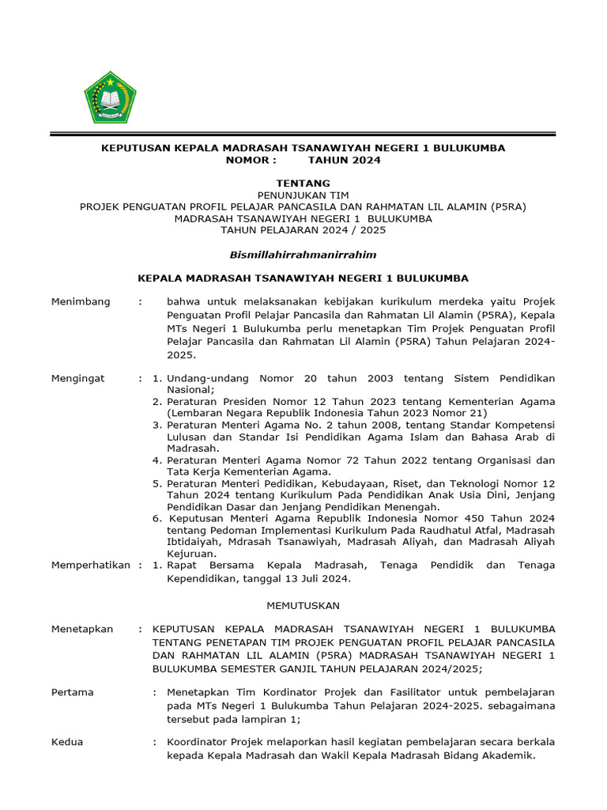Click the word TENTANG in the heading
(303, 183)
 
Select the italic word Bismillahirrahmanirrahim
(303, 255)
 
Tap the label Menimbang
(81, 301)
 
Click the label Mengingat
(77, 379)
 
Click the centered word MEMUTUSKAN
(303, 605)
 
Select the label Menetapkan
(82, 629)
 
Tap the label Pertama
(72, 692)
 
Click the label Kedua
(67, 742)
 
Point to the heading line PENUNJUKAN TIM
(303, 195)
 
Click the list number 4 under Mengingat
(156, 460)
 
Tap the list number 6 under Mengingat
(156, 518)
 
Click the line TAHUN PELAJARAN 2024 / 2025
(303, 230)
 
